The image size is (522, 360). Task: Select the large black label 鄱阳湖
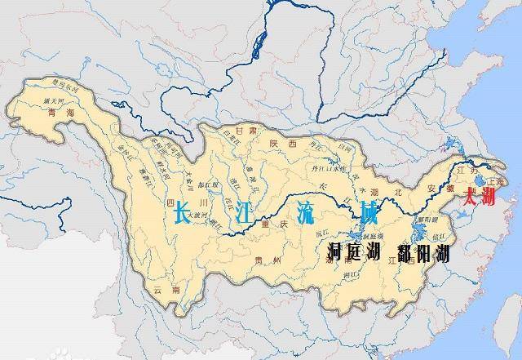point(423,252)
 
